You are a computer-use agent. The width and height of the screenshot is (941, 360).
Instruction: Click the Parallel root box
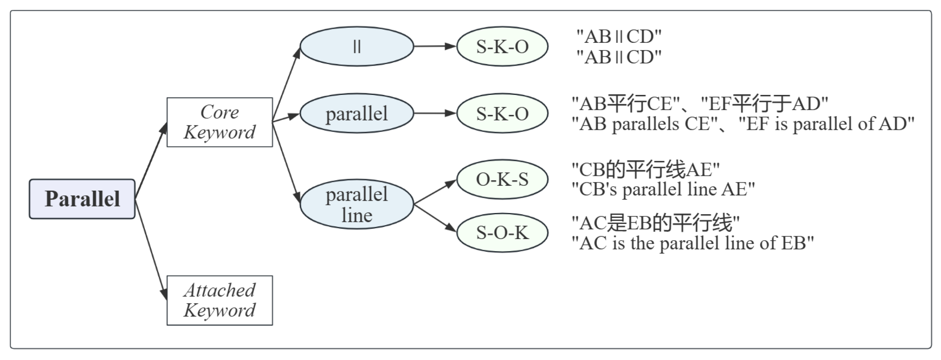click(82, 199)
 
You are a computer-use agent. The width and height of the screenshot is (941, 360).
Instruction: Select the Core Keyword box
click(219, 122)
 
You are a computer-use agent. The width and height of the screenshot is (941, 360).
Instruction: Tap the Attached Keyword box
click(219, 300)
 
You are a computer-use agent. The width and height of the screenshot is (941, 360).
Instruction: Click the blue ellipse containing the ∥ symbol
click(357, 46)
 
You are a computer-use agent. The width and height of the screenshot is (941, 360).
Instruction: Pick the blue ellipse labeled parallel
click(357, 113)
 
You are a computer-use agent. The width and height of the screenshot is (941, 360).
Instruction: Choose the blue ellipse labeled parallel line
click(357, 205)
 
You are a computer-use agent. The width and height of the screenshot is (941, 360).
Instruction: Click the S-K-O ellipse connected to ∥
click(502, 46)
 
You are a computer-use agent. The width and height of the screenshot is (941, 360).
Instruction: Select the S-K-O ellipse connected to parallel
click(502, 113)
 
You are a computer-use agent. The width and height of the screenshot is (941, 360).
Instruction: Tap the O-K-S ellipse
click(502, 179)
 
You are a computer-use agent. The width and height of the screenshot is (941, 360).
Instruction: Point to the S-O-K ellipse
click(502, 232)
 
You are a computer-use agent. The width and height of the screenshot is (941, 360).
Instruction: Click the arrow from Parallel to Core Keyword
click(151, 160)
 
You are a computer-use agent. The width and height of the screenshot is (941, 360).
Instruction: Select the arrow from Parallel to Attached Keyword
click(151, 248)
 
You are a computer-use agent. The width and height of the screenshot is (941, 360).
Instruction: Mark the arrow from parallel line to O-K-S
click(435, 192)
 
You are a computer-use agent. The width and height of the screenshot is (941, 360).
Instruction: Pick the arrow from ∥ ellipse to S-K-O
click(435, 46)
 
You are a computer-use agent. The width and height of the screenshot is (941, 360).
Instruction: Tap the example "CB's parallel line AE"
click(663, 189)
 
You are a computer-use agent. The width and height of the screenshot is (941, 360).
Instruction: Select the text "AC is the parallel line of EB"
click(692, 243)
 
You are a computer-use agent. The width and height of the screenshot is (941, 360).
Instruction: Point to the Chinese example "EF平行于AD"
click(764, 104)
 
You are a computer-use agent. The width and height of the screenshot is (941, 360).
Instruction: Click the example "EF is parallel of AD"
click(826, 124)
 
